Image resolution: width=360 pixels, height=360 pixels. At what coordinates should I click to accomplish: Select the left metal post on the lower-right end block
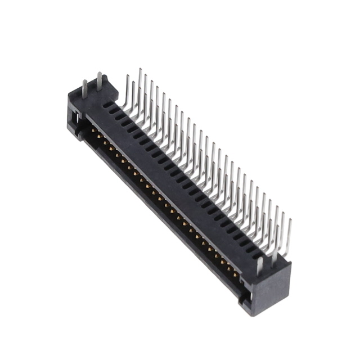[259, 265]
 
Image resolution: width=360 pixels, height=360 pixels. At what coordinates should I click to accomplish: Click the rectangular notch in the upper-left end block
[73, 117]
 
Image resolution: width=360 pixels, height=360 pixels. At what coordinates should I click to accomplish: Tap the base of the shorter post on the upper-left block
[85, 97]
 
